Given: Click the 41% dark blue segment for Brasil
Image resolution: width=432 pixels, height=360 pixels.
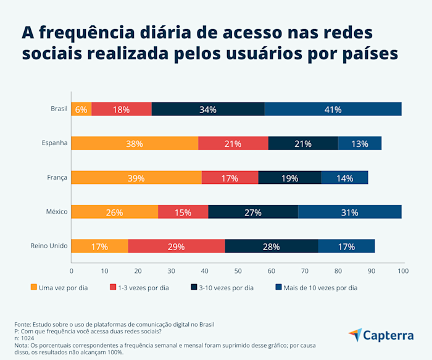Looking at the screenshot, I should (x=333, y=109).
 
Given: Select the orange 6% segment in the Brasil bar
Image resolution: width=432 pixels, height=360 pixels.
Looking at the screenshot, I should (x=81, y=109).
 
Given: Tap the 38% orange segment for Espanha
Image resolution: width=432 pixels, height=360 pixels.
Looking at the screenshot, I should (x=135, y=144).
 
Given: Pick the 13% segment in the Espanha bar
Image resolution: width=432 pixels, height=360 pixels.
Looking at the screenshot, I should (x=360, y=144).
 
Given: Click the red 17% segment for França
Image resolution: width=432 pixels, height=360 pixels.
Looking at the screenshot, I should (x=230, y=178).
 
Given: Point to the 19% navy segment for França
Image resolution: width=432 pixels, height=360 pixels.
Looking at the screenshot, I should (x=289, y=178).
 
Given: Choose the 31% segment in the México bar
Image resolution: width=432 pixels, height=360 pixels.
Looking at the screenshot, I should (x=349, y=212).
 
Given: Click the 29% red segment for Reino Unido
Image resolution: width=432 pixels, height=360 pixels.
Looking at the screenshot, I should (x=177, y=246).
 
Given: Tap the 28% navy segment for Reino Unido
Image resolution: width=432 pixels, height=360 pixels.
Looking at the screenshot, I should (x=272, y=246).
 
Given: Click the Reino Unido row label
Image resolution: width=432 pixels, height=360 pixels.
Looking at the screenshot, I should (x=49, y=246).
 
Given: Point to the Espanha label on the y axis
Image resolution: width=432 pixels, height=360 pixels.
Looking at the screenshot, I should (x=54, y=144).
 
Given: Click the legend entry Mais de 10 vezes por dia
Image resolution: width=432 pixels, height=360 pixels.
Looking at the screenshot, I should (x=320, y=287).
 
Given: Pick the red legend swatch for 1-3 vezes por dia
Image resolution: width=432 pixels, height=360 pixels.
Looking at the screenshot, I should (x=113, y=287).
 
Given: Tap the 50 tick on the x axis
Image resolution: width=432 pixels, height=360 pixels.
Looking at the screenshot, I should (x=238, y=270).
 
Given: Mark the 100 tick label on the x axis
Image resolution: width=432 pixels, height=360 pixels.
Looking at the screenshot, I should (x=403, y=270).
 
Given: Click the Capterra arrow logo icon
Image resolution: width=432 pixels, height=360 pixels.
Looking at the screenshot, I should (x=355, y=335).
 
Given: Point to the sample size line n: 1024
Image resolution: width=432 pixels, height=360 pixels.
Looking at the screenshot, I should (x=25, y=338).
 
